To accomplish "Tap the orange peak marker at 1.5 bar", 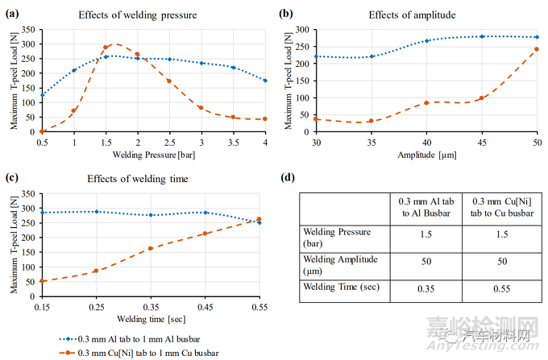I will point(105,48).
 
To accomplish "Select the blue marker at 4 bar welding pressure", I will point(265,81).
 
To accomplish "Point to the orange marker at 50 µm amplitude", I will point(537,50).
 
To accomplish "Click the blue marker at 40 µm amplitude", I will point(426,40).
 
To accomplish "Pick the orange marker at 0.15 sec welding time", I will point(41,281).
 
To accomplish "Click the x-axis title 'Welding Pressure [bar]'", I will point(153,154).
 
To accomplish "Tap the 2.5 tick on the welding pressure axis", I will point(169,142).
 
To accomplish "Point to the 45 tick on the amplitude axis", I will point(481,141).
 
